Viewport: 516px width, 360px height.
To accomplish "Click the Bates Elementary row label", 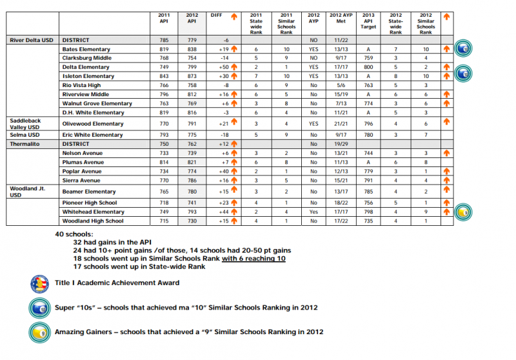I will click(x=86, y=49).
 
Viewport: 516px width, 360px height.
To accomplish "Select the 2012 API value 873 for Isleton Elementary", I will click(x=191, y=76).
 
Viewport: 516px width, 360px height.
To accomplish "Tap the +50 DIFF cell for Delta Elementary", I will click(x=224, y=67).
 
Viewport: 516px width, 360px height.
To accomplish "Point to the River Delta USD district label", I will click(x=32, y=40).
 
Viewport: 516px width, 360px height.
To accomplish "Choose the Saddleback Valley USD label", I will click(x=23, y=123).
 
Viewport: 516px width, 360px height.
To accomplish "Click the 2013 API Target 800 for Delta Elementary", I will click(x=368, y=67).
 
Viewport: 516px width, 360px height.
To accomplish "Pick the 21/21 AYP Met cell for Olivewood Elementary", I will click(x=339, y=123).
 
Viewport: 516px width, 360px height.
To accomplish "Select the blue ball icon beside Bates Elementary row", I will click(x=462, y=48).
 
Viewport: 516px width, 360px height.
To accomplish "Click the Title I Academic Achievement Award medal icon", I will click(x=39, y=283).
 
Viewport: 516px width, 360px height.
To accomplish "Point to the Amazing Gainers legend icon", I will click(x=39, y=331).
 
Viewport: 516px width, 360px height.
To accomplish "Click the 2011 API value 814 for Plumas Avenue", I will click(x=164, y=163).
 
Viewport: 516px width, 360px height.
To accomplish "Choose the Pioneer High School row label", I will click(x=88, y=203).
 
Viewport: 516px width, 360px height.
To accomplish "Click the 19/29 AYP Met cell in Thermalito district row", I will click(x=339, y=144).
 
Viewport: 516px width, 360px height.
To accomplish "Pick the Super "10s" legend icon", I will click(x=39, y=307).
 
